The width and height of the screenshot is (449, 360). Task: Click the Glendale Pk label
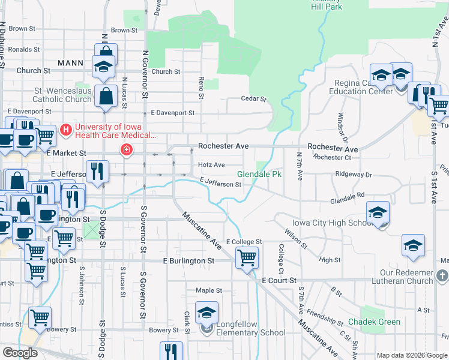tap(259, 175)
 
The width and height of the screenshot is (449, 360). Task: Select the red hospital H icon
tap(67, 129)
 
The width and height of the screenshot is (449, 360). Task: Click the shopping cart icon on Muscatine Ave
tap(247, 258)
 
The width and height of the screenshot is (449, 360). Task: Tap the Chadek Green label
tap(373, 322)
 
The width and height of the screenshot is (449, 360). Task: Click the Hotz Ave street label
tap(211, 165)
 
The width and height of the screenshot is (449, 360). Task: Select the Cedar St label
tap(253, 98)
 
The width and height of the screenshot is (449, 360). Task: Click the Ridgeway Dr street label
tap(354, 175)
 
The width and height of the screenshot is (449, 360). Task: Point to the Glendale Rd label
tap(348, 196)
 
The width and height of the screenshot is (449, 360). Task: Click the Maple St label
tap(209, 290)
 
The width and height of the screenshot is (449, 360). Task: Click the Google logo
tap(20, 353)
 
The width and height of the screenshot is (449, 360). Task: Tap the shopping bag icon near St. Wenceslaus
tap(106, 96)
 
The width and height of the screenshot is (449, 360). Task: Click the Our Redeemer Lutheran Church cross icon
tap(443, 276)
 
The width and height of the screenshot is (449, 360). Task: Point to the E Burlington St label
tap(189, 262)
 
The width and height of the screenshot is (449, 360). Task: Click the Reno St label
tap(201, 88)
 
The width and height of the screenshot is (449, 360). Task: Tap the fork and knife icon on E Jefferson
tap(96, 172)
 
